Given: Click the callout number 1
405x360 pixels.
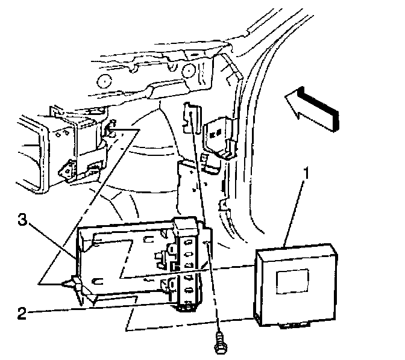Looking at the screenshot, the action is pos(307,175).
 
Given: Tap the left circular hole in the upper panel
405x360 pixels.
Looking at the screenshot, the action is pos(103,82).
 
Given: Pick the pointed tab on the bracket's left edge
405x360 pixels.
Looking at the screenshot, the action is pos(75,284).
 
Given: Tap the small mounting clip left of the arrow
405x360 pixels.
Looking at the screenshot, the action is pos(218,136).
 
